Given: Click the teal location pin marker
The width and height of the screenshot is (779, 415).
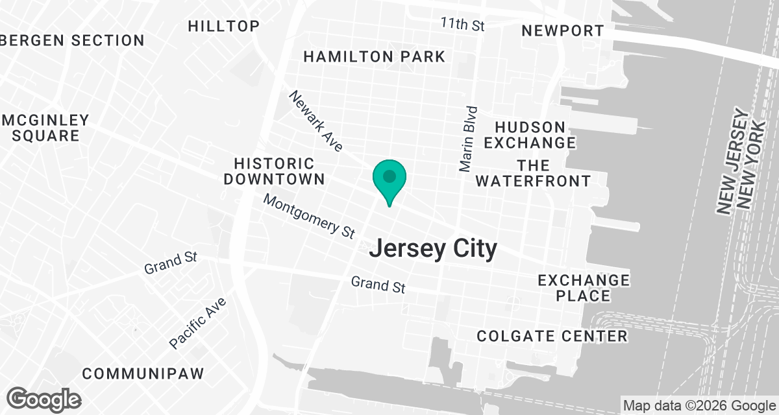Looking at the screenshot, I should click(389, 178).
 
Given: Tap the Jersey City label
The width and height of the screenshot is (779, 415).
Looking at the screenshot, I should click(434, 248).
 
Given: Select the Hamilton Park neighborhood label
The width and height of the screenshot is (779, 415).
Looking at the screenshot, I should click(375, 56).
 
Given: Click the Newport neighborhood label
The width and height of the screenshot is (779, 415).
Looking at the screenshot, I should click(563, 30).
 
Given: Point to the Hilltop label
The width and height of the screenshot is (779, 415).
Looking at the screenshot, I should click(224, 26).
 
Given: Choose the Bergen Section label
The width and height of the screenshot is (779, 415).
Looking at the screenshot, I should click(72, 40).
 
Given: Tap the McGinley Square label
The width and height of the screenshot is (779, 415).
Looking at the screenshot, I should click(45, 128).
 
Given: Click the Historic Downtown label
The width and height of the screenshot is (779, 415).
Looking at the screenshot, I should click(275, 171).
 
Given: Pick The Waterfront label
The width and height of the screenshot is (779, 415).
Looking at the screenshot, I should click(533, 172).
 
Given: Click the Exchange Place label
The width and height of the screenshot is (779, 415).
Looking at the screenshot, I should click(584, 288).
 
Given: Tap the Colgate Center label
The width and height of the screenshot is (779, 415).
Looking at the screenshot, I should click(552, 336).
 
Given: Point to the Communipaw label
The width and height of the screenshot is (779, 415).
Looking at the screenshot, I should click(143, 373).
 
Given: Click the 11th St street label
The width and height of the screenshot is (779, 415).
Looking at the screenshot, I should click(463, 25).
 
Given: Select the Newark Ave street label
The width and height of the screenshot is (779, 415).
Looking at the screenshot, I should click(316, 121).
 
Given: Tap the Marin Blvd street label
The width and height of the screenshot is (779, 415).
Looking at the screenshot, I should click(469, 139).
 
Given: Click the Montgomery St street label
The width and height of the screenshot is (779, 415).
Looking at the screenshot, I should click(310, 215).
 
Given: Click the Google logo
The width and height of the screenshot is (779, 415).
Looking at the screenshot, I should click(44, 399).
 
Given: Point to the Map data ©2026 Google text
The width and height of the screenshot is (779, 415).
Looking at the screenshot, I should click(699, 406).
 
